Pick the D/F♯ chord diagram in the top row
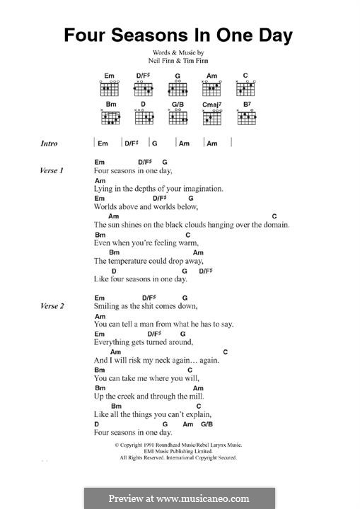tap(144, 87)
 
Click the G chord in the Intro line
tap(154, 144)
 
